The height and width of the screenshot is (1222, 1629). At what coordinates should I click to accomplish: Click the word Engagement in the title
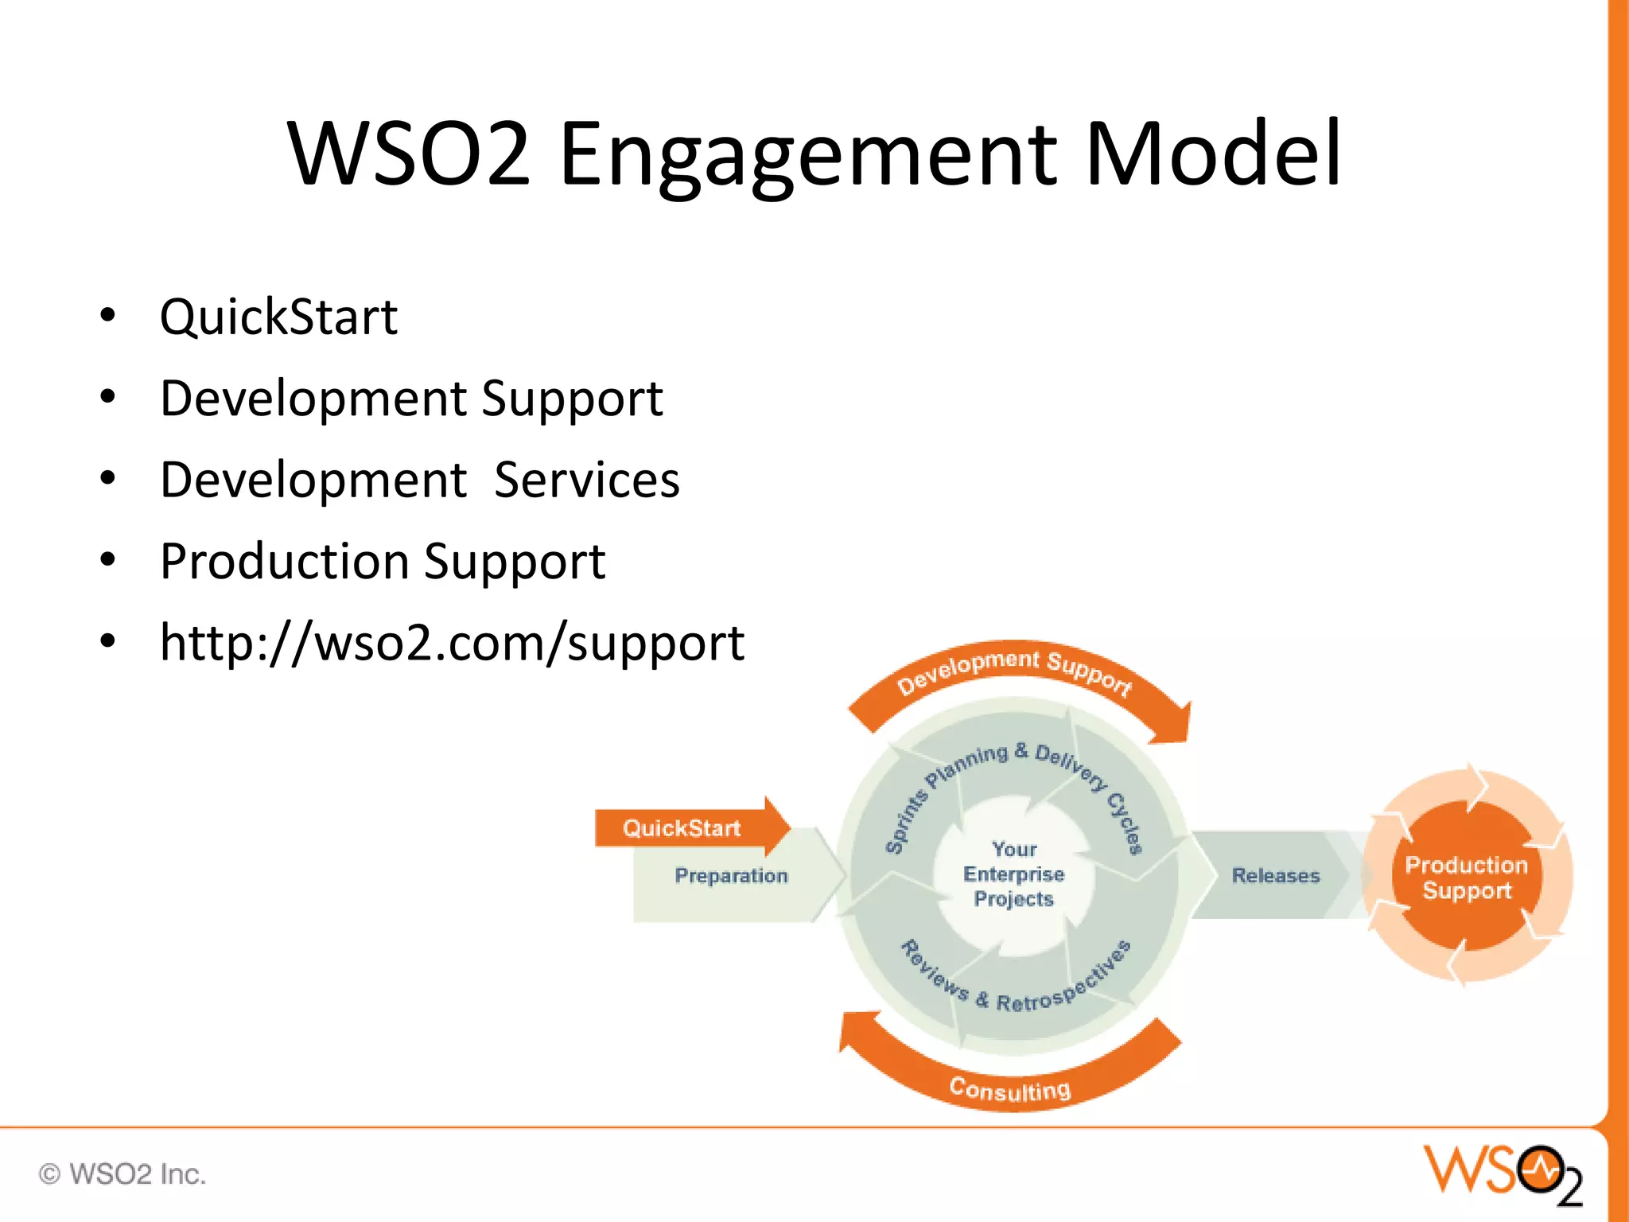[808, 155]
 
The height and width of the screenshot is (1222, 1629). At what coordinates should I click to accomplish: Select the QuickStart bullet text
[278, 317]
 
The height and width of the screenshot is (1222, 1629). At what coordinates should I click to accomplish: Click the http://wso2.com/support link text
[451, 643]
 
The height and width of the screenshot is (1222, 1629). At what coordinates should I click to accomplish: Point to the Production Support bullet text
[382, 561]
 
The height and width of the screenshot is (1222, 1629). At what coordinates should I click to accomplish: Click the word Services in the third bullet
[586, 480]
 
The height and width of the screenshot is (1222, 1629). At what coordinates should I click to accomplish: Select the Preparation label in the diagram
[731, 876]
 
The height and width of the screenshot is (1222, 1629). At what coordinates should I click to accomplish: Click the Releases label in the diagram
[1275, 876]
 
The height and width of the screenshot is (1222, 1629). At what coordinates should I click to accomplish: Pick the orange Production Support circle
[1466, 878]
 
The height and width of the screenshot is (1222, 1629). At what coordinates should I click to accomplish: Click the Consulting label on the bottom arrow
[1010, 1088]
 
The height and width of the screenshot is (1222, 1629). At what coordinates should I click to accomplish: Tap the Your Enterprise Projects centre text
[1013, 874]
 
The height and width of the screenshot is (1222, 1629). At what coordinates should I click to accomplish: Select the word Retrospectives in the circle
[1066, 983]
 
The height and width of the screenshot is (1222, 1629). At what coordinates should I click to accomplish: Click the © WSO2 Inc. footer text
[122, 1174]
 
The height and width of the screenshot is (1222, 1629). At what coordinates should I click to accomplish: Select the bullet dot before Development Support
[108, 397]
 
